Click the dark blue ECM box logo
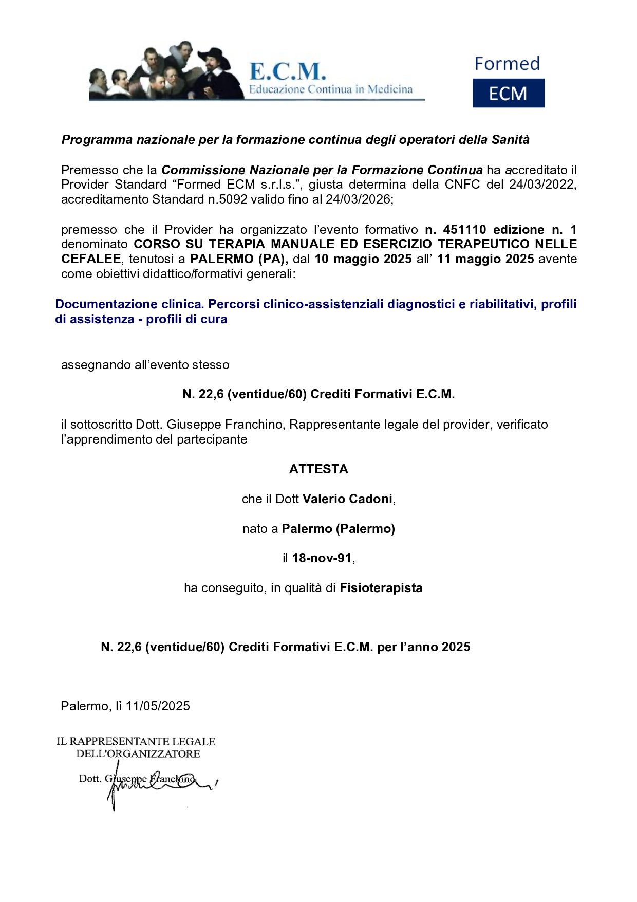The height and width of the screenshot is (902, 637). pos(508,93)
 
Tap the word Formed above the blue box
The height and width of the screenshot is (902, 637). pos(507,64)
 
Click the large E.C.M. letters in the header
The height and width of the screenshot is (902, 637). pos(287,71)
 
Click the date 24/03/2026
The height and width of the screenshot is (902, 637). pos(359,199)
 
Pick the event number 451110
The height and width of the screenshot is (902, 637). pos(464,229)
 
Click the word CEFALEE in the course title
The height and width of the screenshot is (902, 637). pos(91,259)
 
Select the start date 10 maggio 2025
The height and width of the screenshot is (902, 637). pos(363,259)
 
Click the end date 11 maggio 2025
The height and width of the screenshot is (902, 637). pos(485,259)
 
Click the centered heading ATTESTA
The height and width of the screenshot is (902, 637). pos(318,469)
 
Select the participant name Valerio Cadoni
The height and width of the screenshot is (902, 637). pos(347,499)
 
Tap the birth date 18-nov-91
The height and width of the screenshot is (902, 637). pos(322,558)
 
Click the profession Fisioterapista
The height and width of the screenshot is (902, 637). pos(381,588)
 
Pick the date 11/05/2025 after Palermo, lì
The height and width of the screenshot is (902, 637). pos(158,706)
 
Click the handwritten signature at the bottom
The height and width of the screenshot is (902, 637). pos(154,784)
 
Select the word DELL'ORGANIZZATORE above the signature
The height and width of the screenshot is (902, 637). pos(138,754)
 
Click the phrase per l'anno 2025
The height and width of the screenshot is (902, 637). pos(424,647)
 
